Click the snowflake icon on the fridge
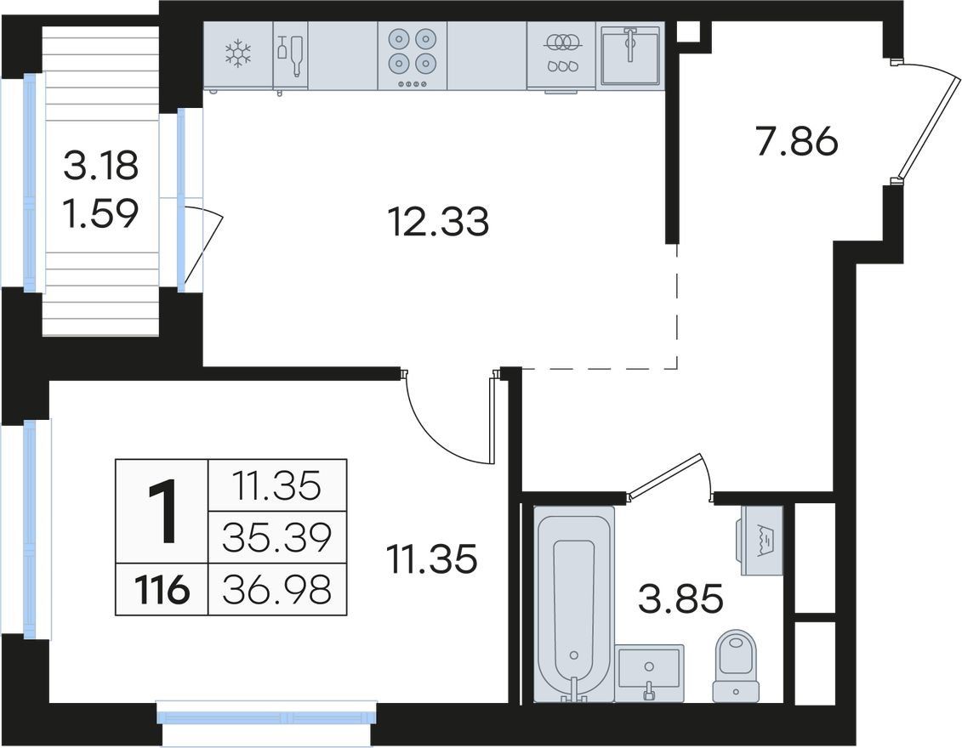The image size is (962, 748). [238, 54]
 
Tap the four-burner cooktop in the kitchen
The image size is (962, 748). [413, 56]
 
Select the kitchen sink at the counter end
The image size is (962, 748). [630, 55]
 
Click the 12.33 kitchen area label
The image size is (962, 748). [439, 222]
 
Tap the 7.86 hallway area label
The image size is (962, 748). [797, 142]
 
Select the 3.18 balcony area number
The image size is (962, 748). [101, 166]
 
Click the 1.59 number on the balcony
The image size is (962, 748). [101, 213]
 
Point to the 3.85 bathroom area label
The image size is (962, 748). [681, 598]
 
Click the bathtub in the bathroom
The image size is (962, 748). [573, 603]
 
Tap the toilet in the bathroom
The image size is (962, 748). [737, 666]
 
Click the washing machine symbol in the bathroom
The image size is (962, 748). [762, 540]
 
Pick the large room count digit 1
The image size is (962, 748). [162, 512]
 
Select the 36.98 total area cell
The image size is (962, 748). [277, 589]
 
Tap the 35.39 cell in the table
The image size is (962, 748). [277, 537]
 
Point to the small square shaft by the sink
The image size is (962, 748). [690, 32]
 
